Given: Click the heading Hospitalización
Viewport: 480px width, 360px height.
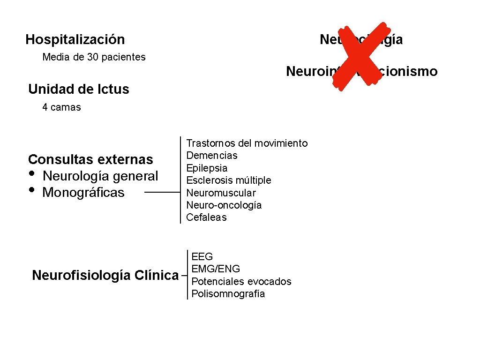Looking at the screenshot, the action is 75,39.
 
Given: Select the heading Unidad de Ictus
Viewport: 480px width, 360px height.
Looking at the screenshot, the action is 78,89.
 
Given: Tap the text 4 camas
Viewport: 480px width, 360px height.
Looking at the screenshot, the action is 61,107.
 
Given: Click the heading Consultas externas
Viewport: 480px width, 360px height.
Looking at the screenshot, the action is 90,159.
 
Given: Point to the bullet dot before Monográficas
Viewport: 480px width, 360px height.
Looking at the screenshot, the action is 32,190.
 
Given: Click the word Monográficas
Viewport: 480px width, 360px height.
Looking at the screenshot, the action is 83,193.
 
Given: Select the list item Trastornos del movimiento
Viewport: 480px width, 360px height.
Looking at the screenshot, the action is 247,143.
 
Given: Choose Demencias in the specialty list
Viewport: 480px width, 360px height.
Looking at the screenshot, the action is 212,155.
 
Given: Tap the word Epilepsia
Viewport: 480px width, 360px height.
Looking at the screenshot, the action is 207,168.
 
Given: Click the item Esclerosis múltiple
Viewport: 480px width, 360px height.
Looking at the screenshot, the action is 229,180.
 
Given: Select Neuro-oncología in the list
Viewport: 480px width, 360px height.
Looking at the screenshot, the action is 224,205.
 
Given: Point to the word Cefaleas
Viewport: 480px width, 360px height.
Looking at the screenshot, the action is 206,217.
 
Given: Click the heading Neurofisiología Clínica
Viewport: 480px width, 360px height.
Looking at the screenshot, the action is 105,275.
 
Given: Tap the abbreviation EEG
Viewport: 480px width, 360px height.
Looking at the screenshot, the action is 202,256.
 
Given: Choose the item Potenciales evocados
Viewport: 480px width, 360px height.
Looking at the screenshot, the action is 241,281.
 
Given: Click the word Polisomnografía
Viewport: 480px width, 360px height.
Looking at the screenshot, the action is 228,294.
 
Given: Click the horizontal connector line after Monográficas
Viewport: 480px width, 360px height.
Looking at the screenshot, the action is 162,192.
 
